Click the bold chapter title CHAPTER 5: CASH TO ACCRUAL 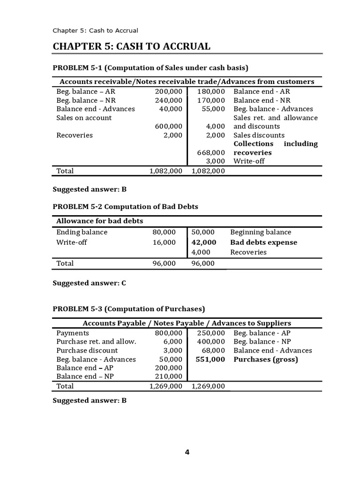tap(131, 46)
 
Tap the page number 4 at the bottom tap(187, 452)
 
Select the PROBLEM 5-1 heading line tap(150, 67)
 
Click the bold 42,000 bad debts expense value tap(204, 242)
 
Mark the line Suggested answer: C tap(89, 283)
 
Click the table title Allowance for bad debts tap(99, 221)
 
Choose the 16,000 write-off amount tap(164, 242)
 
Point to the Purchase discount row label tap(87, 351)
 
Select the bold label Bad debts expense tap(263, 242)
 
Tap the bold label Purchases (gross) tap(266, 360)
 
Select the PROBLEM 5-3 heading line tap(129, 309)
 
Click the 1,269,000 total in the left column tap(165, 386)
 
